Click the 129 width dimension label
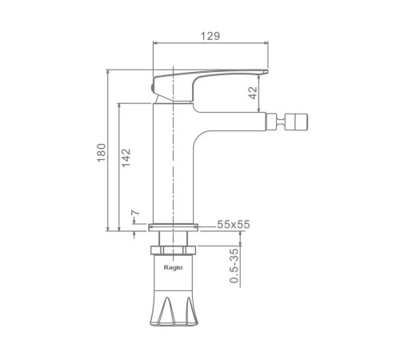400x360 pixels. (x=210, y=36)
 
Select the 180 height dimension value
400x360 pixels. (x=102, y=153)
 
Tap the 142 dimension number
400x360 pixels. (x=126, y=158)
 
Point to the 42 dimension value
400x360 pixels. (x=253, y=93)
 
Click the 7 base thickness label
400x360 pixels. (x=135, y=213)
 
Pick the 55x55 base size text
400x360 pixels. (x=234, y=225)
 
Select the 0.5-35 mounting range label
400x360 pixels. (x=234, y=266)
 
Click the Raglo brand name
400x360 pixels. (x=173, y=267)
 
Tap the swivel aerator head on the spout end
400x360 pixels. (x=296, y=122)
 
